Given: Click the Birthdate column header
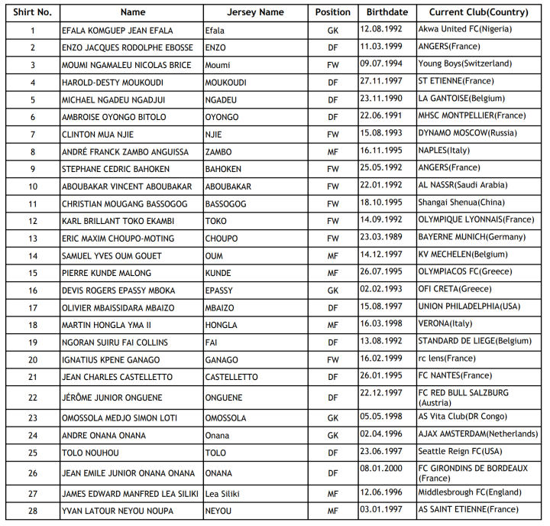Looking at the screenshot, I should point(387,12).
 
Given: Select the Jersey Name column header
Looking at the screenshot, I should point(255,12).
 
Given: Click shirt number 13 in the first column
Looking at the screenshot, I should point(33,239).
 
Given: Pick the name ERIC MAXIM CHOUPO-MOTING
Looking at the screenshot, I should point(118,239).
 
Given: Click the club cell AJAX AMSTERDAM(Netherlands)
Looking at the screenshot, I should point(477,433).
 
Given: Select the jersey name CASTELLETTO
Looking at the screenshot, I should point(231,377).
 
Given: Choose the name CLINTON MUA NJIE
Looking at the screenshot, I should point(99,135).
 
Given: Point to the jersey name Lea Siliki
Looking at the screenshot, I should point(222,494).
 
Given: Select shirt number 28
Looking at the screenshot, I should point(33,511).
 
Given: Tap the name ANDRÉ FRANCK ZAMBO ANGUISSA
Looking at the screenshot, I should point(125,152).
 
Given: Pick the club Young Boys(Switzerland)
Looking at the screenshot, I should point(464,63).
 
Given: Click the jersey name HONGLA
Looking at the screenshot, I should point(221,325).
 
